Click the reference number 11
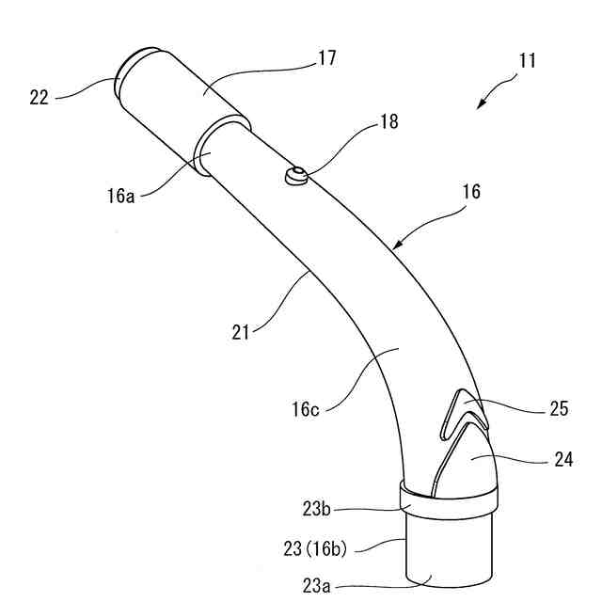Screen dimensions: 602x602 527,61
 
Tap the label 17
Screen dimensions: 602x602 326,58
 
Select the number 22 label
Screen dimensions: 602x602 39,98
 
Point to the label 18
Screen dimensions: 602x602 388,121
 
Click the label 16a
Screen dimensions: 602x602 121,196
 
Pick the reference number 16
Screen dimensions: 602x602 471,191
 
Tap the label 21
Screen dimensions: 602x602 241,332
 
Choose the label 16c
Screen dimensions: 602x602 305,409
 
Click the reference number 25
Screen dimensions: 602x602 559,408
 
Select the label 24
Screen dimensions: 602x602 563,459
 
